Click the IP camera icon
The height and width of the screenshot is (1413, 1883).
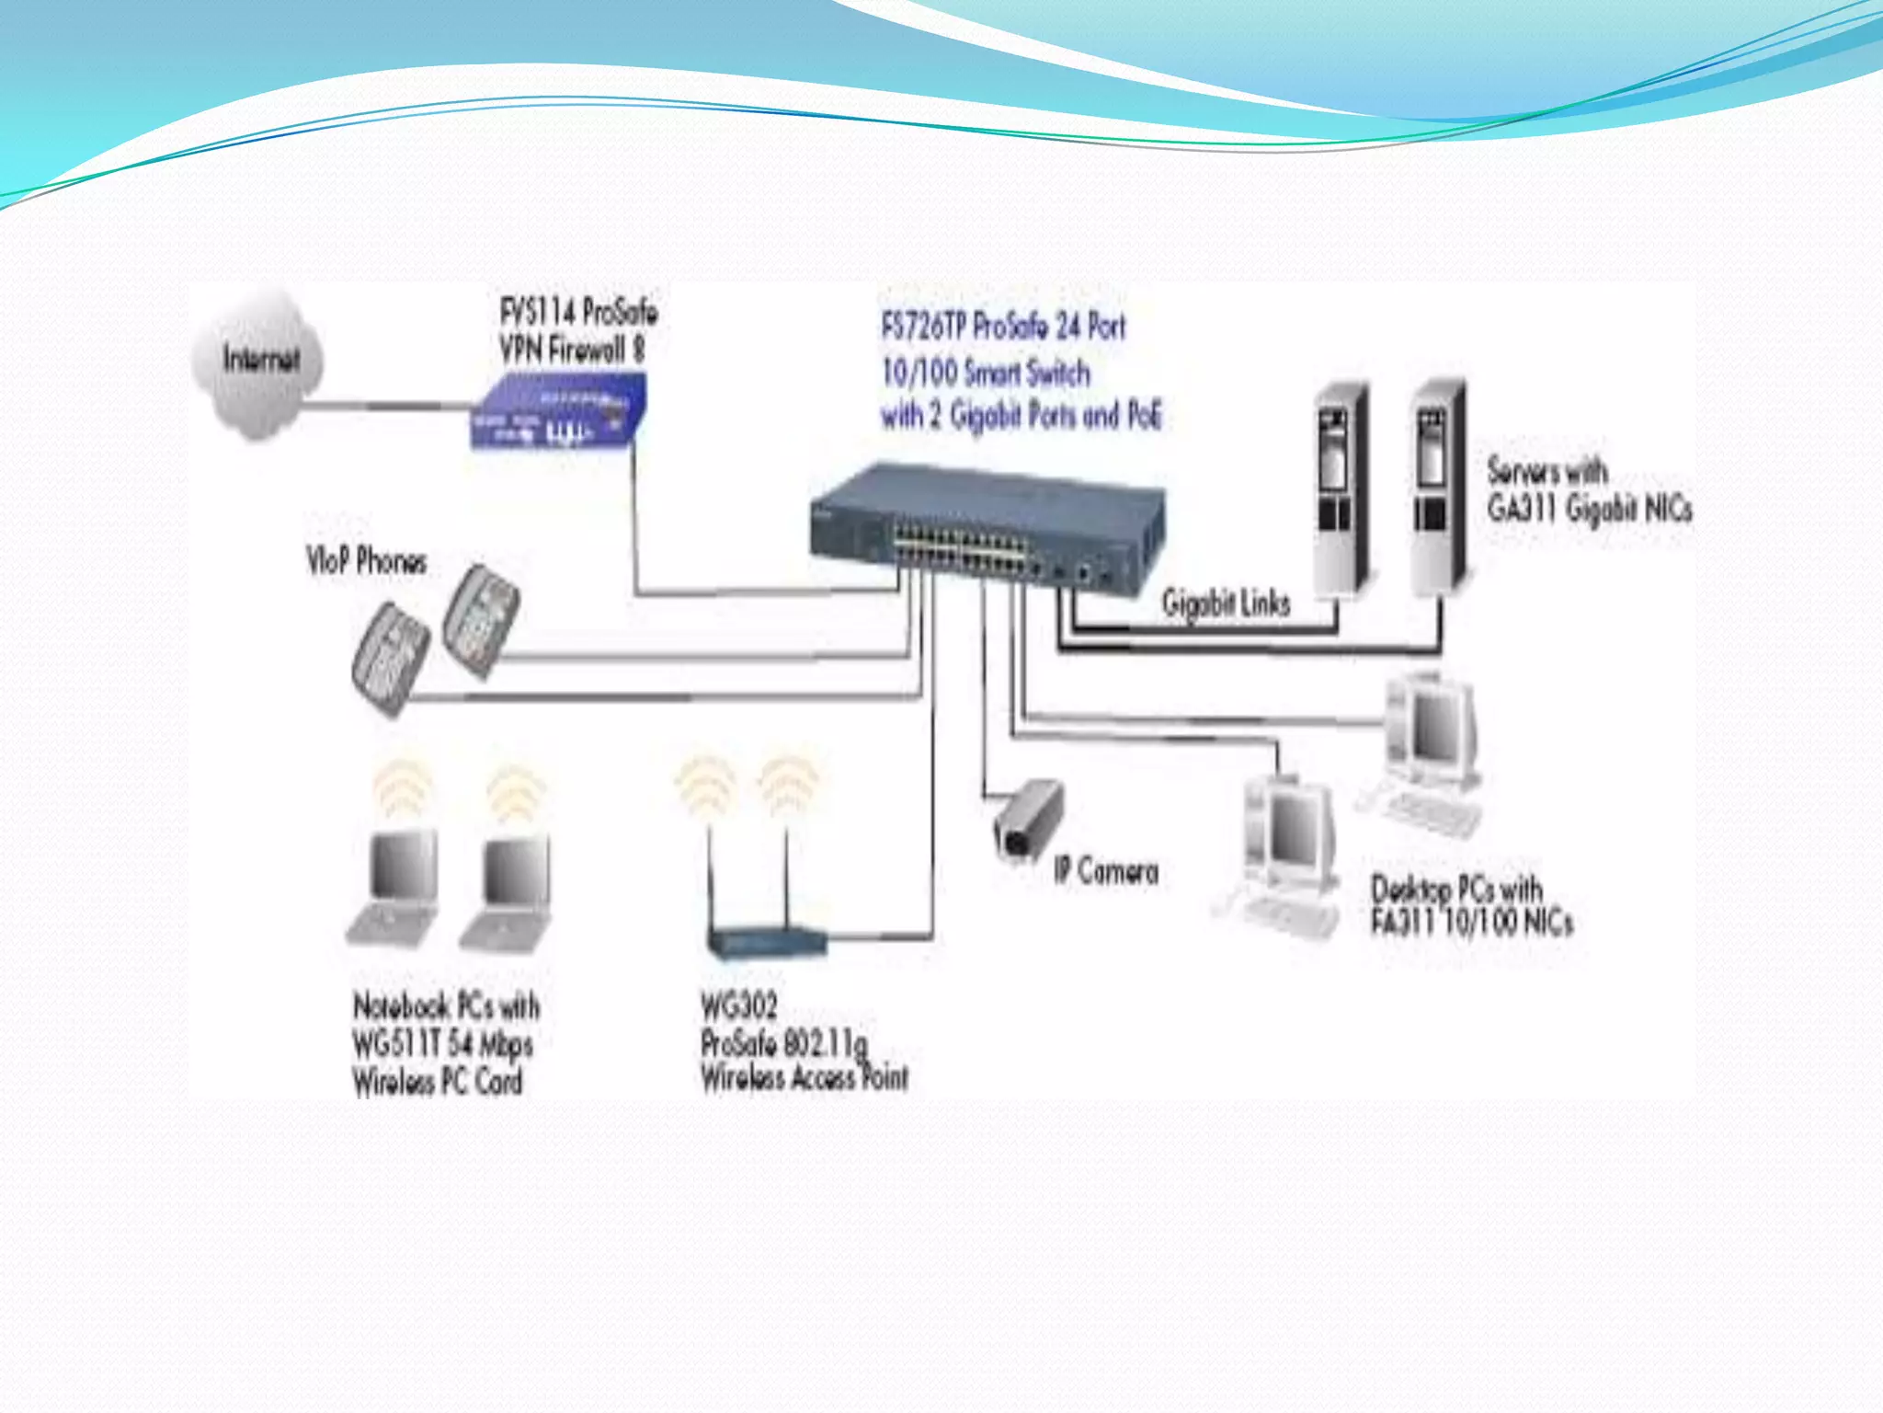(1028, 820)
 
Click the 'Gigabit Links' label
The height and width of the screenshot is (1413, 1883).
(1226, 603)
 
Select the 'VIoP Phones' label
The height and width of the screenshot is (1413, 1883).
(366, 560)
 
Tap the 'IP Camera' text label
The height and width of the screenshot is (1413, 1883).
(1106, 870)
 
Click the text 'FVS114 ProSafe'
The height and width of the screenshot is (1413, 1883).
(578, 312)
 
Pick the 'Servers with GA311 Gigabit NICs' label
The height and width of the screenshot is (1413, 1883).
(1589, 490)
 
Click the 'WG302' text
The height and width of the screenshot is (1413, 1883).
(738, 1005)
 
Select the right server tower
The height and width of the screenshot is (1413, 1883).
(1439, 488)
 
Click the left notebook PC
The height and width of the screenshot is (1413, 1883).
(394, 887)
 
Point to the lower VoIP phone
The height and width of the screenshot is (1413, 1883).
(390, 659)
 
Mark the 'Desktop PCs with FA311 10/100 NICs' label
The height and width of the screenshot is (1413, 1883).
(1470, 905)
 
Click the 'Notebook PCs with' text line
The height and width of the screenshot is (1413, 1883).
(446, 1005)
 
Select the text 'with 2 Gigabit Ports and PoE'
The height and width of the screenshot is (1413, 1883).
(1021, 416)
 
